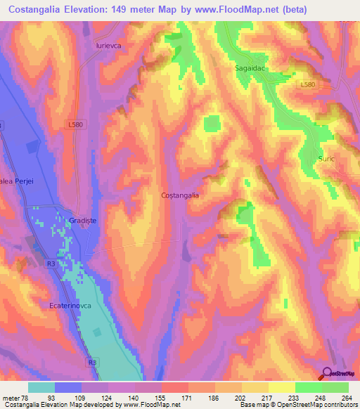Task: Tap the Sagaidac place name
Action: (x=250, y=69)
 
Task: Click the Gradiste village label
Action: (x=82, y=221)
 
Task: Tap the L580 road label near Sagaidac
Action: (x=307, y=84)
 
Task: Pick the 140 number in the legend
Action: (x=127, y=397)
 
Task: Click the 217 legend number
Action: (x=266, y=397)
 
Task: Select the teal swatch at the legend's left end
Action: (x=41, y=387)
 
